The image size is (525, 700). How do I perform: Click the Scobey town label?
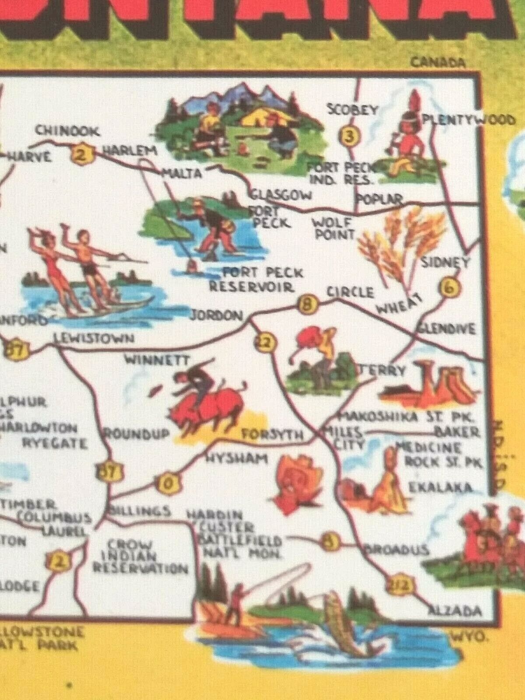[353, 109]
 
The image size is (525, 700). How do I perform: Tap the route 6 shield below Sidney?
[451, 287]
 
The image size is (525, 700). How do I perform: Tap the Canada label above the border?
[437, 63]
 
